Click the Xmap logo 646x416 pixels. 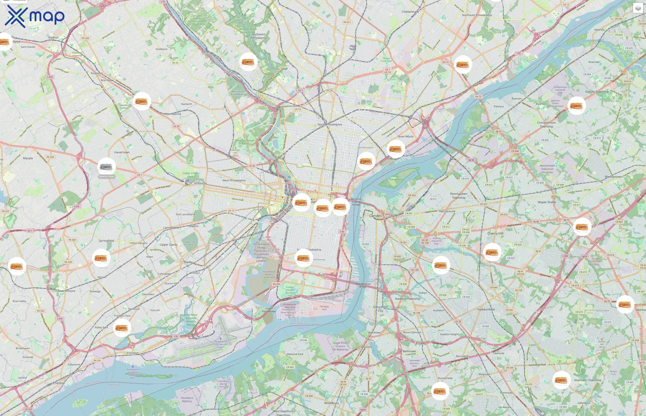tap(35, 16)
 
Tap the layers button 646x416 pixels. tap(638, 8)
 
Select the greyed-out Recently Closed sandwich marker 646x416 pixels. tap(107, 167)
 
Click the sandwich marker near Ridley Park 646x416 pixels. tap(122, 328)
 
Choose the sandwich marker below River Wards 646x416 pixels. tap(395, 149)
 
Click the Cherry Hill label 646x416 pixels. tap(495, 233)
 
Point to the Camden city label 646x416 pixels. tap(375, 216)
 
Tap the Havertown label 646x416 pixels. tap(122, 152)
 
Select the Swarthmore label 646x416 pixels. tap(66, 291)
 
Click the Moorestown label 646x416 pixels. tap(613, 177)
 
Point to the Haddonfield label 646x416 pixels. tap(486, 309)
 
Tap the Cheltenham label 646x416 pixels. tap(410, 12)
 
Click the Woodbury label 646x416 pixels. tap(331, 403)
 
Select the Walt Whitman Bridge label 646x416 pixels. tap(363, 285)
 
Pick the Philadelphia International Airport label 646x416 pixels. tap(220, 344)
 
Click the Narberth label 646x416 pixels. tap(187, 104)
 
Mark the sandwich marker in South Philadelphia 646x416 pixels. tap(304, 258)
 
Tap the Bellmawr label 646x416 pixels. tap(409, 351)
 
